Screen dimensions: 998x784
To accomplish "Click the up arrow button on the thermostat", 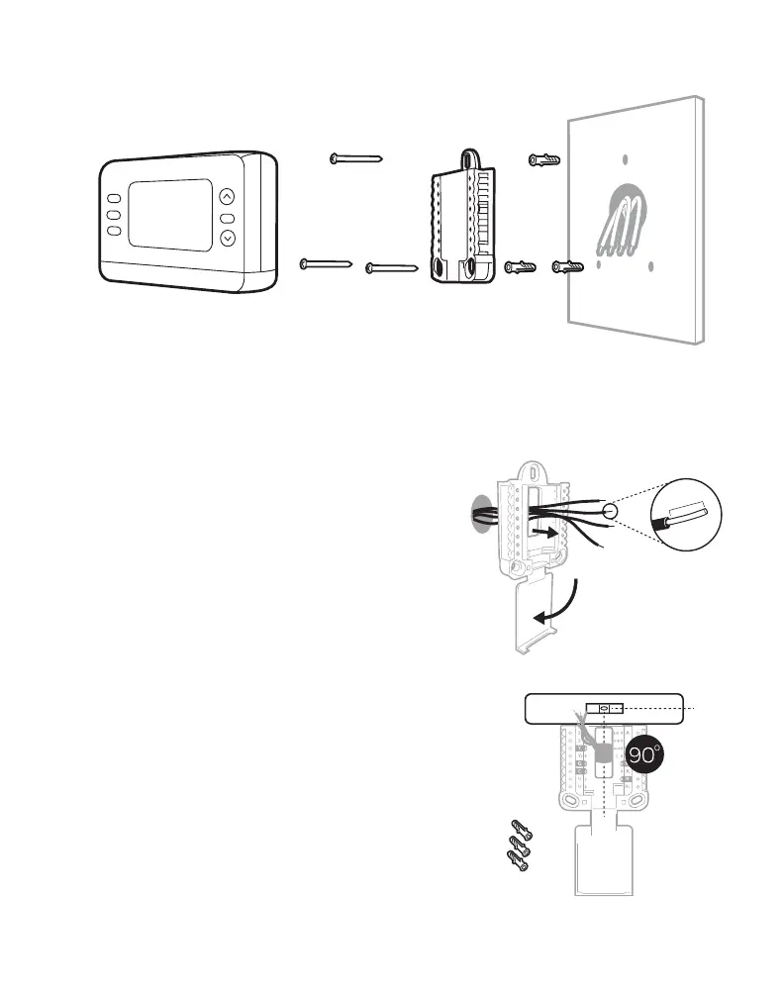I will pos(228,196).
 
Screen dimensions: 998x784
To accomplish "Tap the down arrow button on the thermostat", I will pos(228,239).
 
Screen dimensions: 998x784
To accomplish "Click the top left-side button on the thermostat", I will pos(114,197).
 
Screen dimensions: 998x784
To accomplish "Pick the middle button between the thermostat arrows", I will pos(228,218).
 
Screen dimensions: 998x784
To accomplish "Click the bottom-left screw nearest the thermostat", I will pos(327,263).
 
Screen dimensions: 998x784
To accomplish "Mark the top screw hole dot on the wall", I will pos(623,159).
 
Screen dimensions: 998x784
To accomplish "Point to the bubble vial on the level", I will pos(603,708).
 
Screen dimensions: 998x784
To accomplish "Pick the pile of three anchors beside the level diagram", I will pos(516,848).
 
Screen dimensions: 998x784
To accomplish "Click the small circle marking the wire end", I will pos(610,512).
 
